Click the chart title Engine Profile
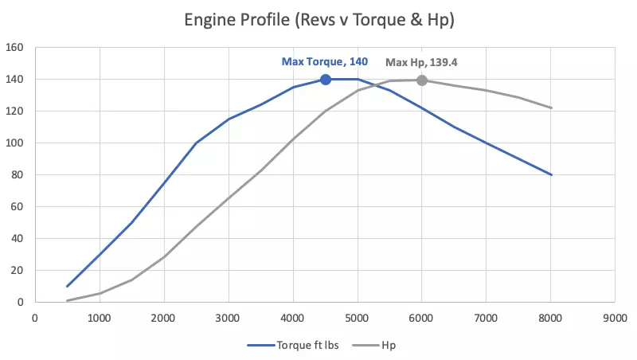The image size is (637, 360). (318, 19)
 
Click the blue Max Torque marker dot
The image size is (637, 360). (326, 80)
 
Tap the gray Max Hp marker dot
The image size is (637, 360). (422, 80)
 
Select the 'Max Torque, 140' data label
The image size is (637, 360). (325, 61)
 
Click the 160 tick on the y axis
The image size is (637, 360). (16, 48)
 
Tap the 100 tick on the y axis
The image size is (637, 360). (16, 143)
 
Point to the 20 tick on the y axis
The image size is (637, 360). (18, 271)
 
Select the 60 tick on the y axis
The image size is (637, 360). (18, 207)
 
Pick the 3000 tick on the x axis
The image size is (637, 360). (229, 317)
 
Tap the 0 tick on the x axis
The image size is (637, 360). (35, 317)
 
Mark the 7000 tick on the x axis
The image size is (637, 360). (487, 317)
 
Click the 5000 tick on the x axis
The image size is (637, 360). (358, 317)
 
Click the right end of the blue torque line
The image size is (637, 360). (551, 175)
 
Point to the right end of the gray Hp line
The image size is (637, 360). (551, 108)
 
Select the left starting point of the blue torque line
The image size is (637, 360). (68, 286)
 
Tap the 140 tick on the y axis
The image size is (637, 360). (16, 80)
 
